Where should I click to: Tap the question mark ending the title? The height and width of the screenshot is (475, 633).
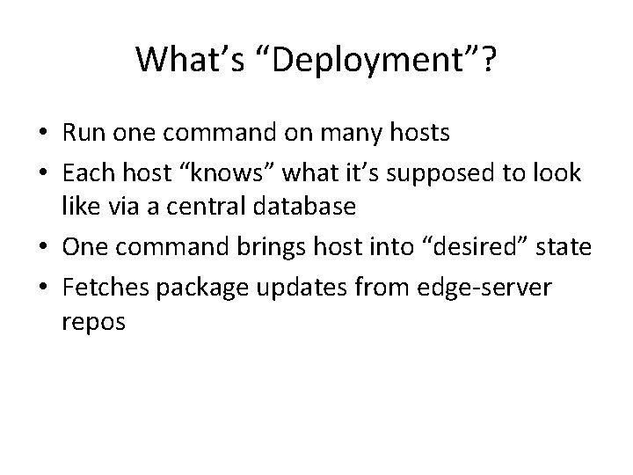tap(487, 60)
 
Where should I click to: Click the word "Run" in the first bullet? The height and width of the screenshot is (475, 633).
tap(82, 134)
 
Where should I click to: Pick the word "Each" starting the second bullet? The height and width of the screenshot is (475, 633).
tap(85, 172)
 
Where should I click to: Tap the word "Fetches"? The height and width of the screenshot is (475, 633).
tap(99, 287)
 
